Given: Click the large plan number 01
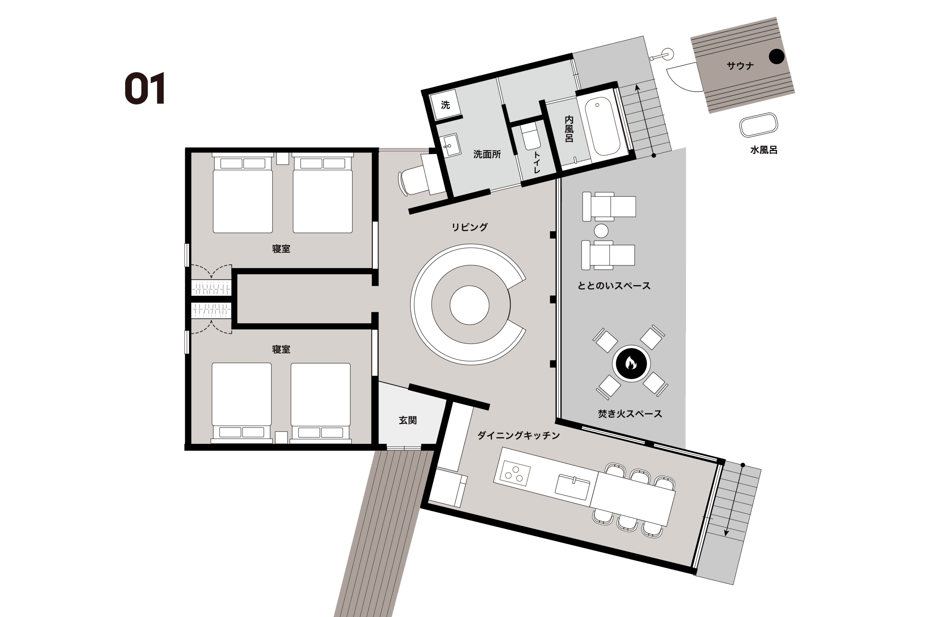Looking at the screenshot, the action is point(145,88).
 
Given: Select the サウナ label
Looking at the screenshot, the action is point(740,66).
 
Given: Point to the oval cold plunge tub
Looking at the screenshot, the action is point(759,125).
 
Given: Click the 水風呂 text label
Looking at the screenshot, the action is point(764,150).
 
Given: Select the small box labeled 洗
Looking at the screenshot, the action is point(446,105).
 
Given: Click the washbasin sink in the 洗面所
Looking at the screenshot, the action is point(450,145).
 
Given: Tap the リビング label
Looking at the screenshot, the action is point(470,227).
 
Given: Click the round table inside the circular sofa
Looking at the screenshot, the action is point(469,305).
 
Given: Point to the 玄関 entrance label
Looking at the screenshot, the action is point(408,420).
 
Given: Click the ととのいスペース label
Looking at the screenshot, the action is point(614,286).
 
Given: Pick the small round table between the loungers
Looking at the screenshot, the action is point(601,231).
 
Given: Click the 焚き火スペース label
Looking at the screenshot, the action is point(630,414).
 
